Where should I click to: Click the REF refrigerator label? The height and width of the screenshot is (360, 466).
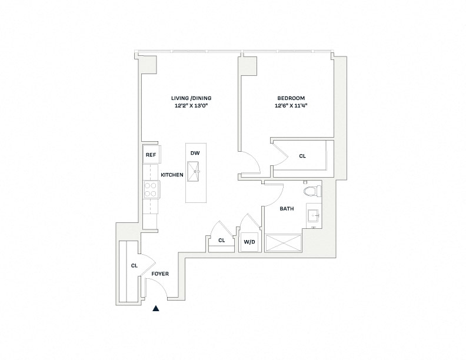[x=150, y=155]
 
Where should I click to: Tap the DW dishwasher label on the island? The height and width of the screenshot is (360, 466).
[x=195, y=154]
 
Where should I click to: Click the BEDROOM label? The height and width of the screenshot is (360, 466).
[x=291, y=98]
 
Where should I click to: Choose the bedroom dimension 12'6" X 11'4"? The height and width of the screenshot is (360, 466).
[x=291, y=106]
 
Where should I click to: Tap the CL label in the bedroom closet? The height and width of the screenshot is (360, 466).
[x=302, y=156]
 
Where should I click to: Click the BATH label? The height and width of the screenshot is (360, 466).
[x=287, y=209]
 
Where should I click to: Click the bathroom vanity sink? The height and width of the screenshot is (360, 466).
[x=314, y=216]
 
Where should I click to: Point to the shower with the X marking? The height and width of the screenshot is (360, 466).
[x=284, y=243]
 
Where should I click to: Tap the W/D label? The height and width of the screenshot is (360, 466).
[x=249, y=241]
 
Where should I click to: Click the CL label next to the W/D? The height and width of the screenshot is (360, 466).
[x=222, y=241]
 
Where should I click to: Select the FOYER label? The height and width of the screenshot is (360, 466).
[x=160, y=274]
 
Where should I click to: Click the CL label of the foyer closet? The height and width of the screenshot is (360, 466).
[x=134, y=266]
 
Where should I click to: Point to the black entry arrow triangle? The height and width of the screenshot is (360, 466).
[x=157, y=308]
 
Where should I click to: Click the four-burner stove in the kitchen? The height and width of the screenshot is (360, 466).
[x=151, y=189]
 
